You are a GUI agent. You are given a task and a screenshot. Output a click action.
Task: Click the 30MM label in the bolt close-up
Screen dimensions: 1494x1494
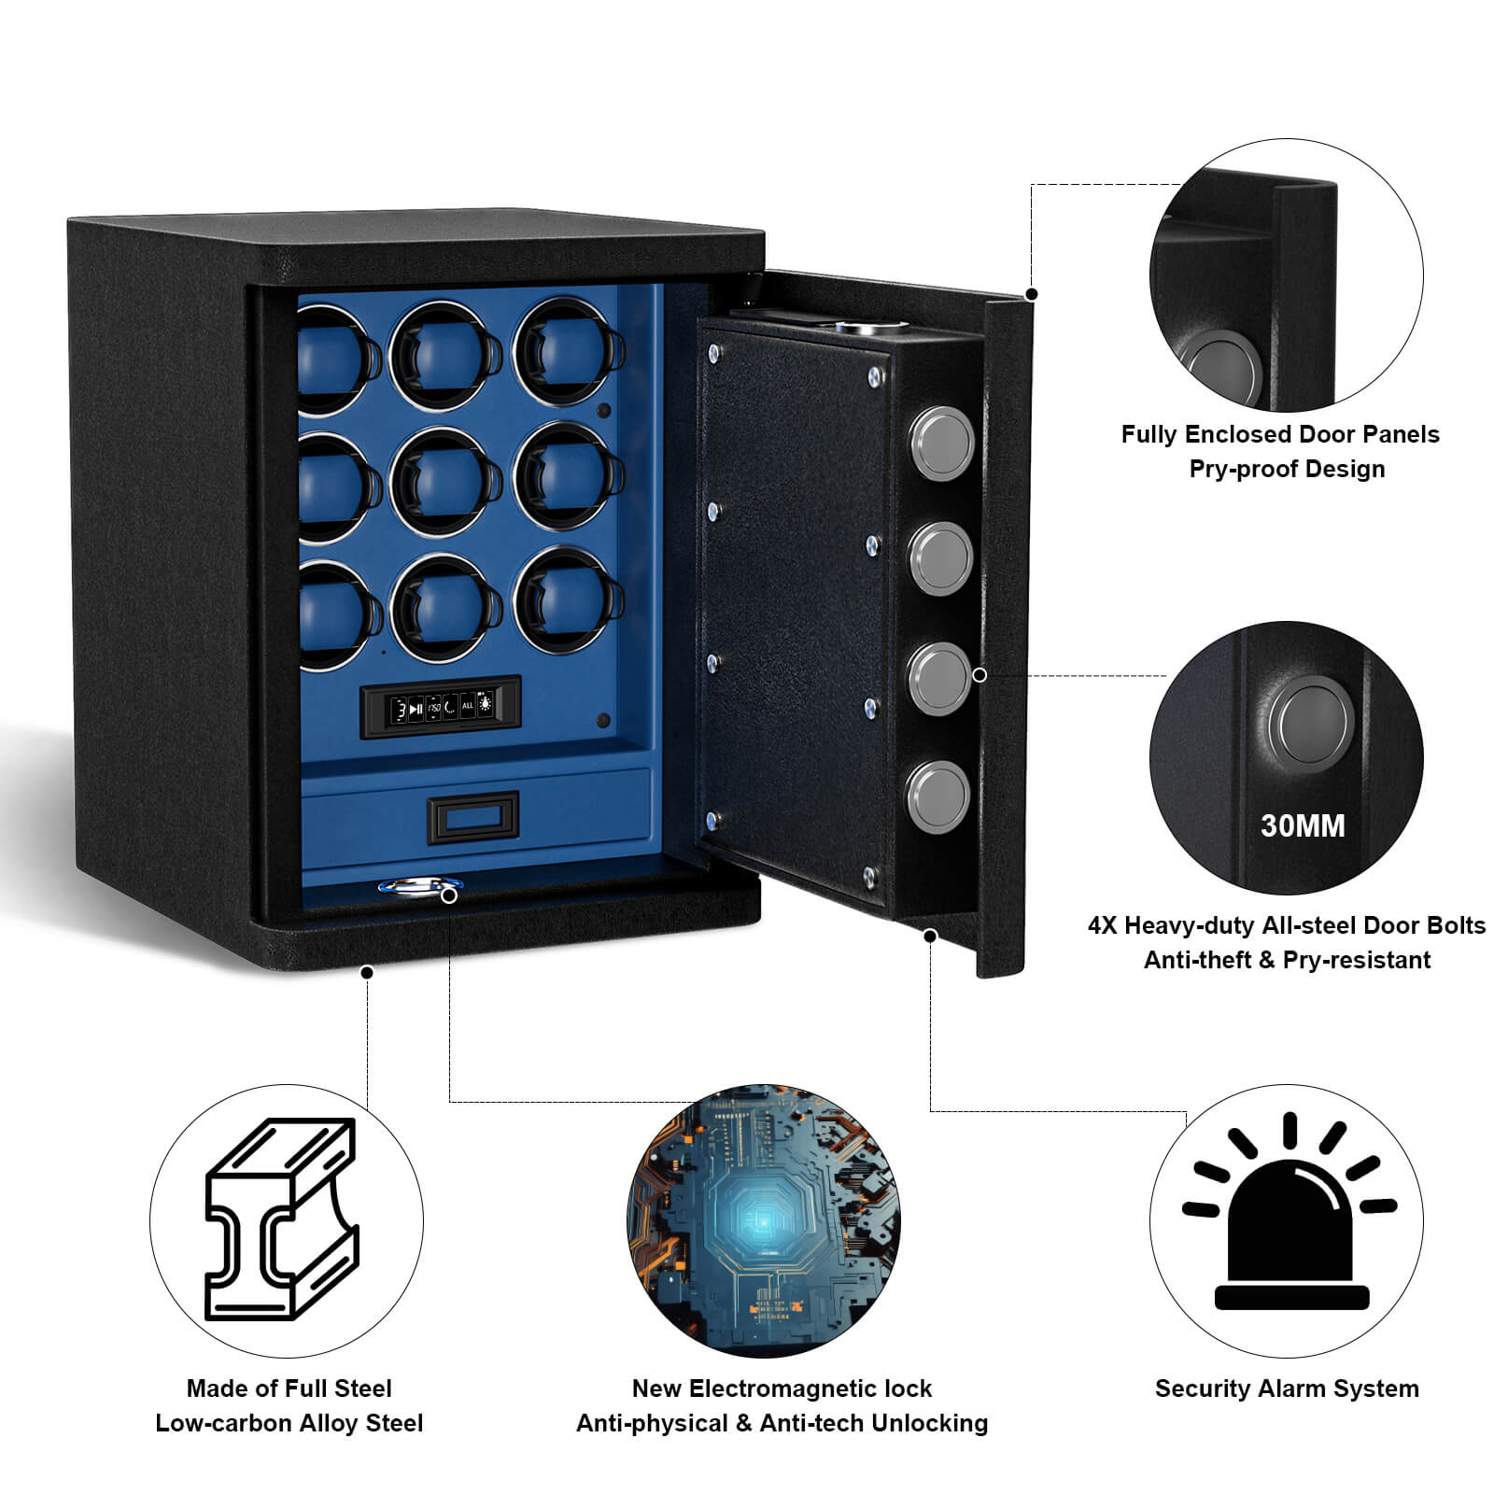tap(1303, 825)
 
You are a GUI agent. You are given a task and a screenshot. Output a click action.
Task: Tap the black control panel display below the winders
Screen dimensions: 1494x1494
tap(440, 706)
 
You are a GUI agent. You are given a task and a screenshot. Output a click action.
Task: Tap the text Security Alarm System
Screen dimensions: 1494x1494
tap(1287, 1388)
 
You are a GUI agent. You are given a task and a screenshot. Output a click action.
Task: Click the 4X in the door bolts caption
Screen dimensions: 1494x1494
tap(1102, 924)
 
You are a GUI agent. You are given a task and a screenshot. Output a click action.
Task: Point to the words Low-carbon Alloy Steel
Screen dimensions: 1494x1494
tap(289, 1423)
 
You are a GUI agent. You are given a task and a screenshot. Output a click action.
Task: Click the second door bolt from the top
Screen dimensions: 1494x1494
tap(941, 557)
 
